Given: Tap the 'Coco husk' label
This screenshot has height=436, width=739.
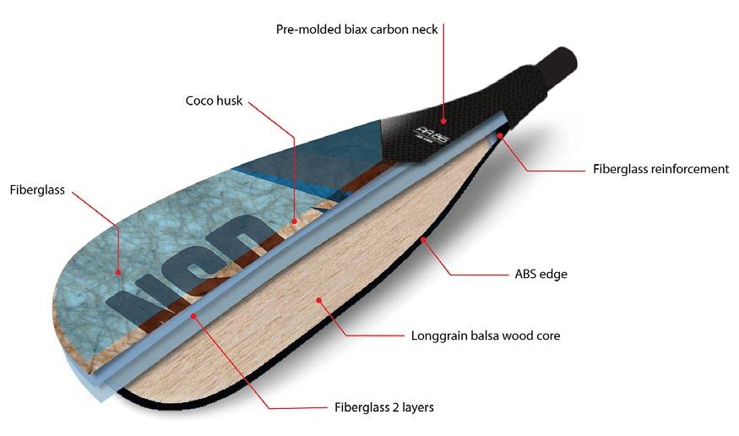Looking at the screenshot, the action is pos(214,101).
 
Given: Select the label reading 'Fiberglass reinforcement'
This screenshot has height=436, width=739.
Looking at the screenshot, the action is pos(660,169).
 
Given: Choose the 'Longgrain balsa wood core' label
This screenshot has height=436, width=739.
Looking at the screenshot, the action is pos(486,335).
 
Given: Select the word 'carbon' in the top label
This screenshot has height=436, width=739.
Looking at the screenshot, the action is pos(380,29).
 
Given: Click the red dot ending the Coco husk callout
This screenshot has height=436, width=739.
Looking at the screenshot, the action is pos(295,221).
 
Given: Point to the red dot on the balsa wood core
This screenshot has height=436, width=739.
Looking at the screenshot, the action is pos(318,298).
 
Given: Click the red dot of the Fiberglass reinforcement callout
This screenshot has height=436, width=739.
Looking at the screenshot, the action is pos(500,135).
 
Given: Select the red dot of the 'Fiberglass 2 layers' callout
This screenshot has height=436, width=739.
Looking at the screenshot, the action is pos(195,314).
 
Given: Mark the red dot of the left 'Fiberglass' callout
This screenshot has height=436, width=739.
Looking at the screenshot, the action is pos(119,272).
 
